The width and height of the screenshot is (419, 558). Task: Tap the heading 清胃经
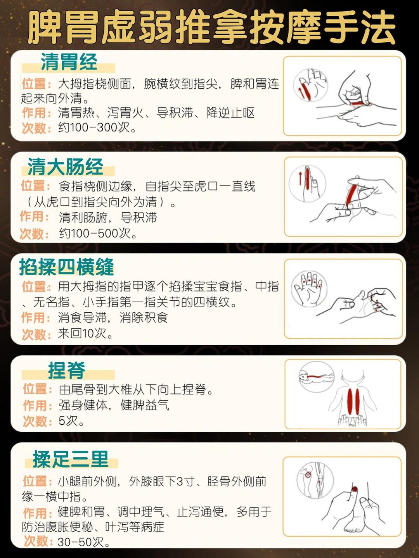(69, 62)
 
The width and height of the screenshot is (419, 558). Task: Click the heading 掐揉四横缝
(67, 267)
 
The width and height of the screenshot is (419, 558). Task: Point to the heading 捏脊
(67, 370)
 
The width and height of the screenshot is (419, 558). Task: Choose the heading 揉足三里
(71, 460)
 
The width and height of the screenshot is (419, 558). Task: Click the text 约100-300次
(97, 127)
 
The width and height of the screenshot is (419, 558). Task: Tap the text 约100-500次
(98, 233)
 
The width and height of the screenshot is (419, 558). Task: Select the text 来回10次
(85, 333)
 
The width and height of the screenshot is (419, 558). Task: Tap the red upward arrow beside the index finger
(300, 179)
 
